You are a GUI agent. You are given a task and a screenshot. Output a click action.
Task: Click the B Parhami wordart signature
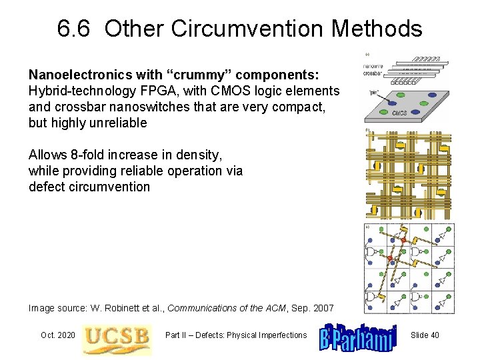tap(358, 335)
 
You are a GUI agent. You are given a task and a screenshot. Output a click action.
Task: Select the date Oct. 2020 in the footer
tap(58, 335)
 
